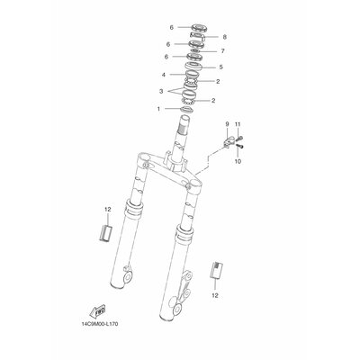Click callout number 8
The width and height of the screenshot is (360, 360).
click(224, 37)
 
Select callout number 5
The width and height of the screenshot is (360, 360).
click(221, 67)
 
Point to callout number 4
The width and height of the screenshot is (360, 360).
click(164, 75)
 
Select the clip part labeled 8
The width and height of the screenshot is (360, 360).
click(195, 38)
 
